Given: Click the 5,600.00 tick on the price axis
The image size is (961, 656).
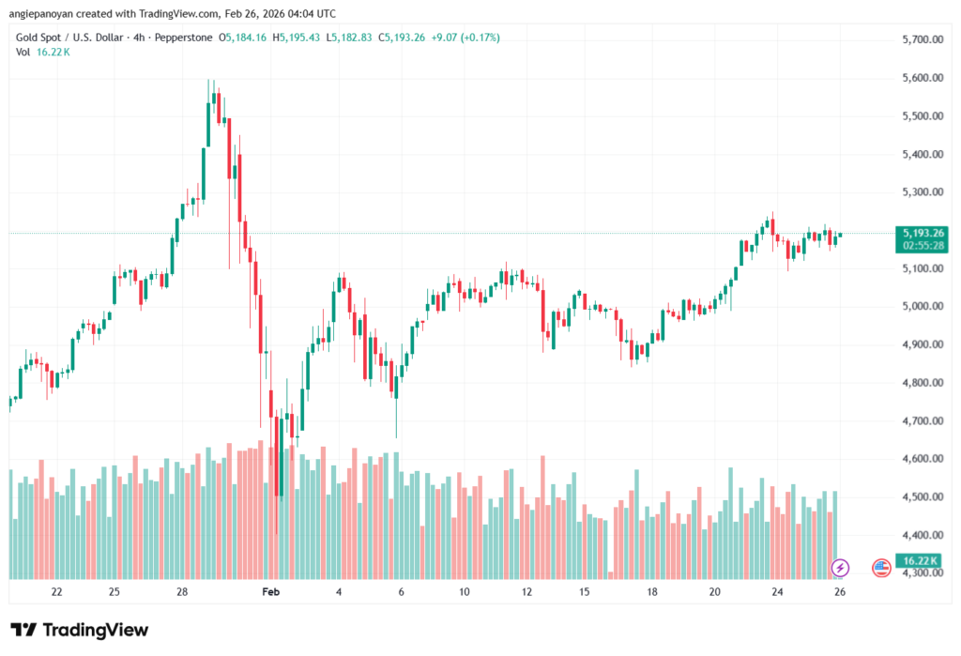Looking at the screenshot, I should pyautogui.click(x=922, y=78).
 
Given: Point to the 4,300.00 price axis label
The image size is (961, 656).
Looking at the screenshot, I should pyautogui.click(x=922, y=572).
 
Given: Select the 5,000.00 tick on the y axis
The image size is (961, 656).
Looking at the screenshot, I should pyautogui.click(x=922, y=307).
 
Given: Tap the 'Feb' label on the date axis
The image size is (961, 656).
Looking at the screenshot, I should pyautogui.click(x=271, y=592).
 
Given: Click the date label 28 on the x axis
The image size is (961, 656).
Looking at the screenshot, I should pyautogui.click(x=182, y=592).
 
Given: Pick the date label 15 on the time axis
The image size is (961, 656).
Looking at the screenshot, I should pyautogui.click(x=584, y=592).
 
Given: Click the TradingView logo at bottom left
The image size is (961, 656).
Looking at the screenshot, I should pyautogui.click(x=80, y=630).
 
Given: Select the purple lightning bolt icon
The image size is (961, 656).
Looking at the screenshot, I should pyautogui.click(x=841, y=567).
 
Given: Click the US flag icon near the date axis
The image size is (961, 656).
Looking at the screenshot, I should pyautogui.click(x=880, y=567).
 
